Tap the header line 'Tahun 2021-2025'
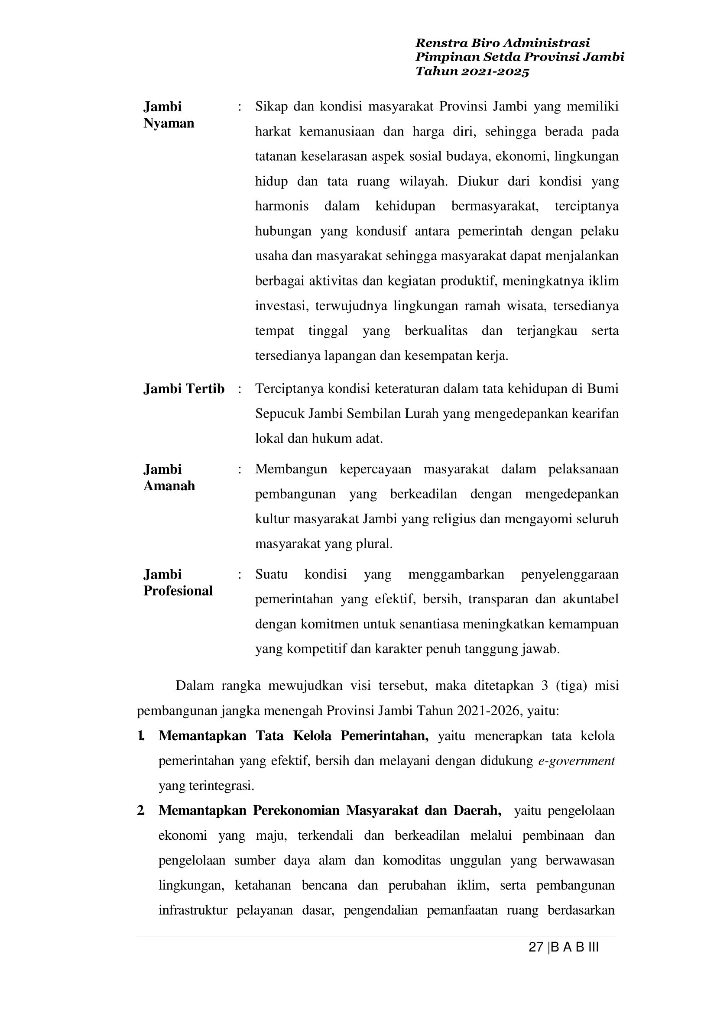click(472, 72)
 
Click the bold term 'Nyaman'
click(169, 123)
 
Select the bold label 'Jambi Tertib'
click(184, 389)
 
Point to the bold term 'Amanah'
click(169, 485)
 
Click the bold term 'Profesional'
click(178, 591)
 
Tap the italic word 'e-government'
click(577, 761)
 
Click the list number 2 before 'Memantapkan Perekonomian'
click(141, 810)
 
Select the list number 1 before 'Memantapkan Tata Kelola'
click(141, 736)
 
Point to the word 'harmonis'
click(282, 206)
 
